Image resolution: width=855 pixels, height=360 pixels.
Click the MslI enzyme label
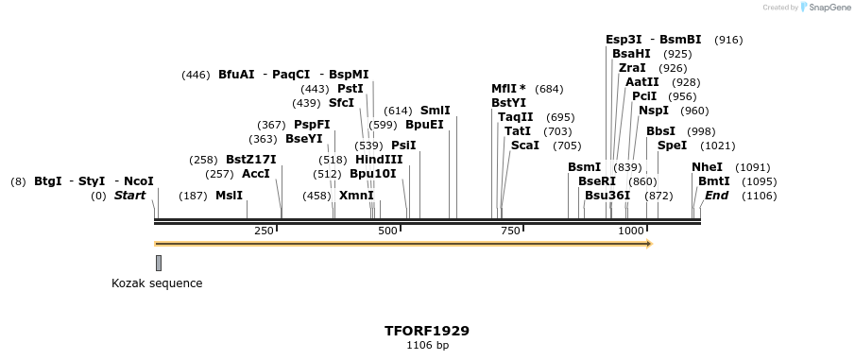point(229,196)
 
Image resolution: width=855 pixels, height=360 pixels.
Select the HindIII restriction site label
point(379,160)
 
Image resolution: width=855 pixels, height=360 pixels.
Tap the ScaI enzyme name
point(524,146)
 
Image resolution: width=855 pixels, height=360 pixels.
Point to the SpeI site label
point(672,146)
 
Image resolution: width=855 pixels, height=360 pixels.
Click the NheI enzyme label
point(707,167)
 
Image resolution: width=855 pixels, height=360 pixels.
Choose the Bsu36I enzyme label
point(607,196)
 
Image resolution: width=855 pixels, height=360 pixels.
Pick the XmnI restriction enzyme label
point(357,196)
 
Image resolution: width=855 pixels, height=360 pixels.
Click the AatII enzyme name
point(642,82)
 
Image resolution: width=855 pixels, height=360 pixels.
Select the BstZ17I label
point(250,160)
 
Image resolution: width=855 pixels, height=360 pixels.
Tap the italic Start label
point(130,196)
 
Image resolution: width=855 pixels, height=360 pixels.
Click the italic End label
point(717,196)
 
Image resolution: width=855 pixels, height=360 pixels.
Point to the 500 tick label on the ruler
point(387,231)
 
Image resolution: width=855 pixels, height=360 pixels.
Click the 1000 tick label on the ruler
point(630,231)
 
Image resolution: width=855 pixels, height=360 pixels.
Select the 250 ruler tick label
point(264,231)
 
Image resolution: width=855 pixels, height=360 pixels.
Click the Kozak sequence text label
point(157,283)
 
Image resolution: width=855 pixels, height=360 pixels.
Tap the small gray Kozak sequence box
point(159,263)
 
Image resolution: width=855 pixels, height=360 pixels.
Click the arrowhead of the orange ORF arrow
point(648,244)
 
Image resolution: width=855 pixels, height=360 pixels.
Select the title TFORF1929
point(427,331)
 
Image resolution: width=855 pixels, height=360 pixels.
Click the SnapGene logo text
point(827,8)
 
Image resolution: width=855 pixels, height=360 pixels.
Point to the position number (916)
point(728,40)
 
